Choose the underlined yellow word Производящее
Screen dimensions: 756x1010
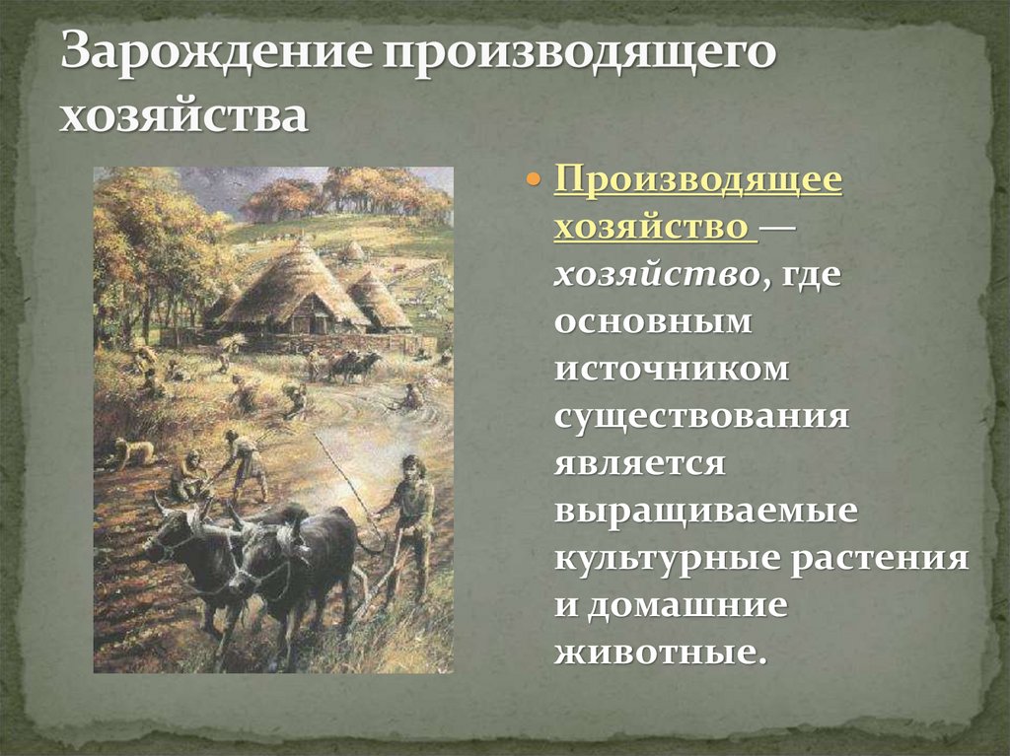[698, 182]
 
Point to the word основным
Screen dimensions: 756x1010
[652, 323]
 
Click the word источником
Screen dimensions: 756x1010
[672, 370]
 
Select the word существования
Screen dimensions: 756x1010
[701, 416]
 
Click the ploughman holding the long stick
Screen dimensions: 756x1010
[409, 522]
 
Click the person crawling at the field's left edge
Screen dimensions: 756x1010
[130, 451]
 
